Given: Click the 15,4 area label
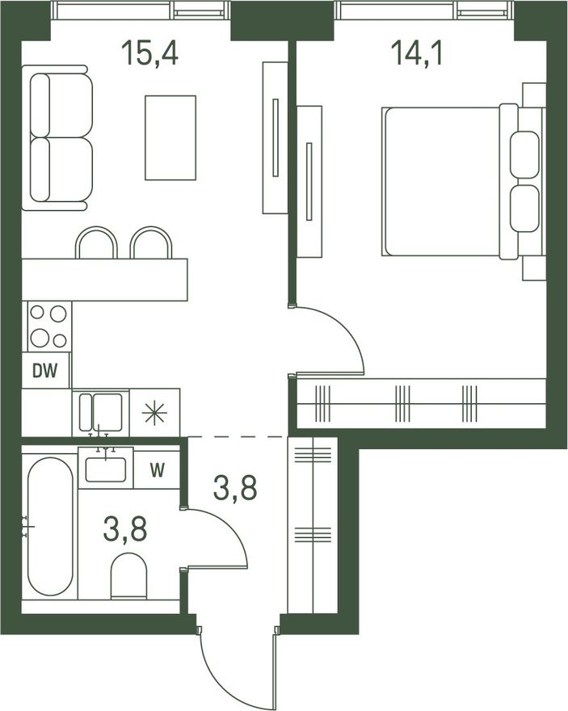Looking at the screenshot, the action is coord(149,53).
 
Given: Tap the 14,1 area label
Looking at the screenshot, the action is coord(417,53).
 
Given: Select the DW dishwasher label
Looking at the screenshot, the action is coord(45,371).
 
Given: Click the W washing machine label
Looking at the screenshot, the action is coord(158,470).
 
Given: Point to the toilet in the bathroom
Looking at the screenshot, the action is coord(128,576).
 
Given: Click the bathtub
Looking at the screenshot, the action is coord(50,526).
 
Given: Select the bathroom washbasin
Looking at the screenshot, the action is coord(106,468).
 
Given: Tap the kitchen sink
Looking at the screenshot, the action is coord(101,412).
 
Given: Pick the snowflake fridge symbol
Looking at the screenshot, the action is coord(154,413).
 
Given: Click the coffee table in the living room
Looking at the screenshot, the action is coord(170,138).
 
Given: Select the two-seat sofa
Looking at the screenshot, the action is coord(57,138).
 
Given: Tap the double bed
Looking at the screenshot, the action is coord(462,181).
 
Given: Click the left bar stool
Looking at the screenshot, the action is coord(97,242).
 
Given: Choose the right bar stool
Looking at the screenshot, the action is coord(151,242).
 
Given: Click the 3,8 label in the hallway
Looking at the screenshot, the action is coord(235,488).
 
